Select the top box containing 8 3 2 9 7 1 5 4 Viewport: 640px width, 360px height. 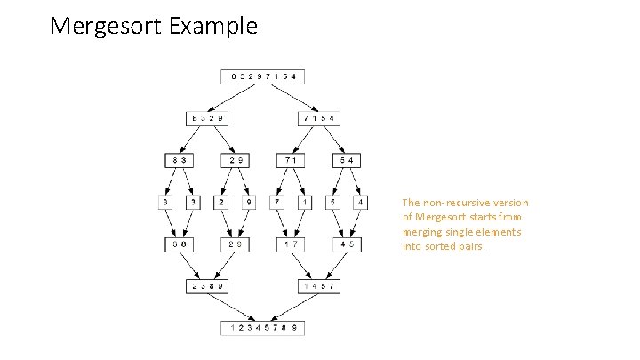(x=264, y=76)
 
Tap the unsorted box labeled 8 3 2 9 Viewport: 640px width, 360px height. (x=206, y=118)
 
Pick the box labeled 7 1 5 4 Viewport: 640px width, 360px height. (x=321, y=118)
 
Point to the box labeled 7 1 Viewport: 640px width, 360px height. (x=292, y=161)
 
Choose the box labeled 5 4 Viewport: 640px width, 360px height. (x=348, y=161)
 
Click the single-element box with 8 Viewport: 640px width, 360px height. (x=164, y=203)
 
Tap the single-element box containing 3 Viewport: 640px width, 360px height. (x=193, y=203)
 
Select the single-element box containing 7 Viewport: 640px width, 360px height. (x=278, y=203)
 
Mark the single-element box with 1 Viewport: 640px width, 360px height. (x=306, y=203)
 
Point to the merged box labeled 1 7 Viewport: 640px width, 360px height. (x=292, y=244)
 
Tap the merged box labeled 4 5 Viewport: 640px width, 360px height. (x=348, y=244)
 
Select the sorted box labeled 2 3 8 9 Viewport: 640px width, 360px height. (x=206, y=286)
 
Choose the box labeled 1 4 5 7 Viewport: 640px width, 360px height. (x=321, y=286)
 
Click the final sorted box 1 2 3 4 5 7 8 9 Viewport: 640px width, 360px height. (x=264, y=328)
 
